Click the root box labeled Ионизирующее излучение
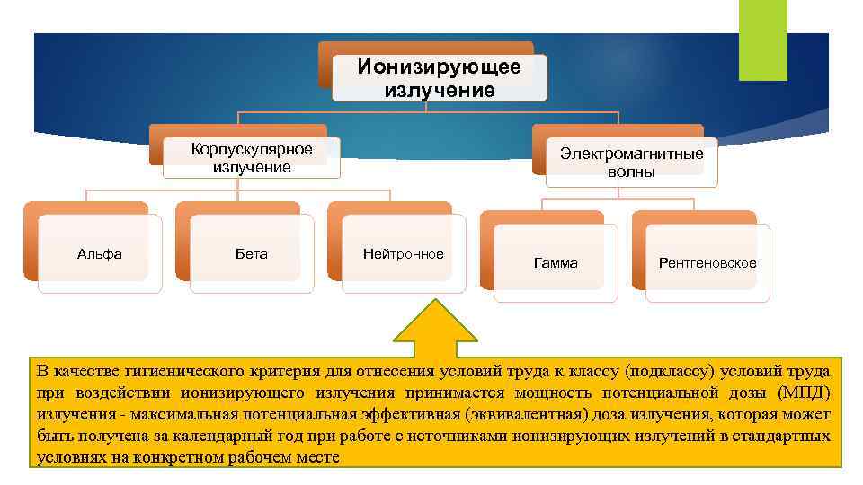(439, 78)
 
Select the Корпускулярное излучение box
(252, 157)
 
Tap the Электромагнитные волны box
(631, 163)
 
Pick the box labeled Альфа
(100, 254)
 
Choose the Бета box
(252, 254)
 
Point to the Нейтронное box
(403, 254)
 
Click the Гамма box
(556, 263)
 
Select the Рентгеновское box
(707, 263)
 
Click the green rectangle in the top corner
(762, 40)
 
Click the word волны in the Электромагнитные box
(631, 172)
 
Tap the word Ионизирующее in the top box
(439, 67)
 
